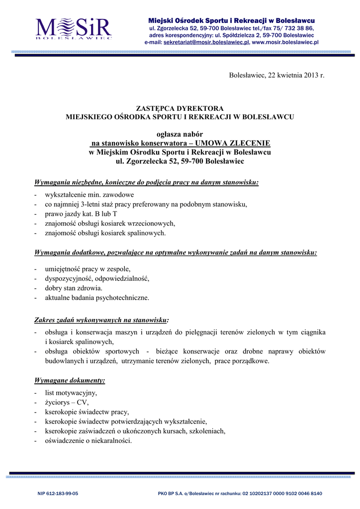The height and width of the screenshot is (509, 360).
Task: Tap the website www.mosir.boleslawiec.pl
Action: click(285, 43)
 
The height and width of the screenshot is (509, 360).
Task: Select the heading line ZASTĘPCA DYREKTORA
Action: click(180, 108)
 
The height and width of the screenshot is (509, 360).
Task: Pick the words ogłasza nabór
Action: click(180, 134)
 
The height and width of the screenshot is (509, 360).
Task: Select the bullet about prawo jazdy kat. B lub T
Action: click(81, 213)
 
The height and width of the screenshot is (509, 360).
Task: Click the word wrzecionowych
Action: click(151, 223)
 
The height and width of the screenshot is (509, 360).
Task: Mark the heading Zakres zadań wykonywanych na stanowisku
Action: click(101, 319)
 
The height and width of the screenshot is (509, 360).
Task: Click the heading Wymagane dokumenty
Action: click(70, 381)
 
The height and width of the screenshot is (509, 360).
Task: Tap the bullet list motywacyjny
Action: click(71, 393)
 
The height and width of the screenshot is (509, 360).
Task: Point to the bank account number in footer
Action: click(282, 494)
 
